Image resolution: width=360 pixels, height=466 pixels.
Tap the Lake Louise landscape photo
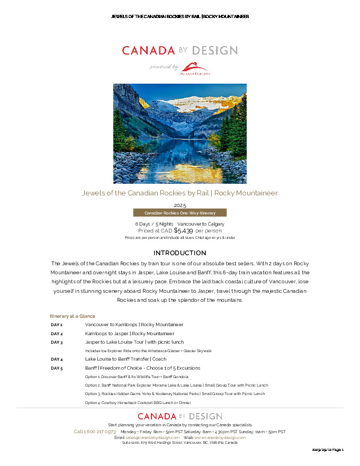(x=179, y=133)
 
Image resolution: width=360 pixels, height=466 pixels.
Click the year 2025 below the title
(x=180, y=205)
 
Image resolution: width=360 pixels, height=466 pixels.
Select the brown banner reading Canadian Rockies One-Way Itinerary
(x=179, y=213)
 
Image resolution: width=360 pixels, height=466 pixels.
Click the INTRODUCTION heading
(x=179, y=253)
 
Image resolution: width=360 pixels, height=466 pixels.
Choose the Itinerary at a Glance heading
(x=73, y=316)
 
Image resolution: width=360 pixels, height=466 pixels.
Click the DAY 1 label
(x=57, y=325)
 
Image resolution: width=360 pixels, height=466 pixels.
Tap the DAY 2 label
(x=57, y=334)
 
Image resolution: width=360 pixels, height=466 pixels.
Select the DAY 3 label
(x=57, y=342)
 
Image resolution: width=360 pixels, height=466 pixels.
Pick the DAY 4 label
(x=57, y=359)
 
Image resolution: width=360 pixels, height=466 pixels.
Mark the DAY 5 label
(x=57, y=368)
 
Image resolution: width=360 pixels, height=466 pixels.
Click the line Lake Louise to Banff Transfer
(x=125, y=359)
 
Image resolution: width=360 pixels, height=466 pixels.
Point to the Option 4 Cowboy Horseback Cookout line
(x=138, y=402)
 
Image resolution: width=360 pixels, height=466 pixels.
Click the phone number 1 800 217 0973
(x=95, y=432)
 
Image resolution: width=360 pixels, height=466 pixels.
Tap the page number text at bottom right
(x=328, y=450)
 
